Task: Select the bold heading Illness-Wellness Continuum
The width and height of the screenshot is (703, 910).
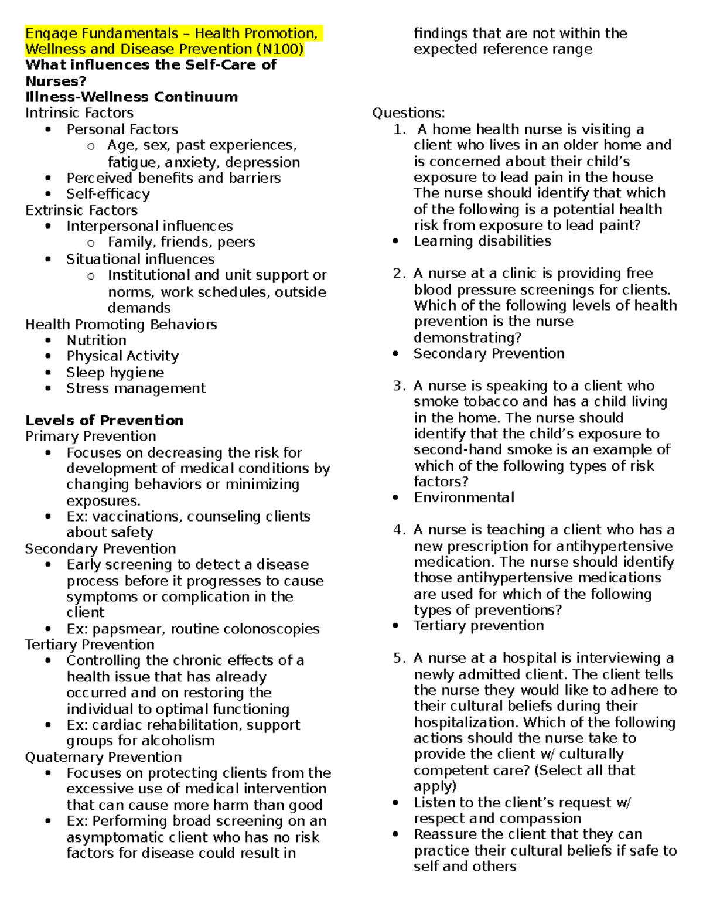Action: pyautogui.click(x=131, y=97)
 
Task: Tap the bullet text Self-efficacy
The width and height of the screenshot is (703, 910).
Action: pyautogui.click(x=108, y=194)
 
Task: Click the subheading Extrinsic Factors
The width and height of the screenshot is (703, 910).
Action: pyautogui.click(x=81, y=210)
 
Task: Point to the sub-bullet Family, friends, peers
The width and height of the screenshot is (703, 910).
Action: pyautogui.click(x=181, y=242)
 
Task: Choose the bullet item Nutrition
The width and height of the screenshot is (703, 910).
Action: pyautogui.click(x=96, y=340)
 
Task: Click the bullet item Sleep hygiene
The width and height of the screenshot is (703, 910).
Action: pyautogui.click(x=115, y=373)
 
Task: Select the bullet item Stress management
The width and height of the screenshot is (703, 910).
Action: pyautogui.click(x=136, y=388)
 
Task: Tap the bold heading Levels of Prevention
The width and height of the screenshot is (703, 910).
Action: pyautogui.click(x=104, y=421)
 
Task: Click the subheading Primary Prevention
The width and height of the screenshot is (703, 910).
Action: pyautogui.click(x=91, y=437)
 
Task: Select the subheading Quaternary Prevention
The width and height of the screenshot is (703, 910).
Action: pyautogui.click(x=103, y=757)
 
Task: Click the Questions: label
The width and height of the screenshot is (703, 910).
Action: pyautogui.click(x=408, y=113)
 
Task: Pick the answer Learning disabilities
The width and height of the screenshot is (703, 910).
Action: pyautogui.click(x=482, y=241)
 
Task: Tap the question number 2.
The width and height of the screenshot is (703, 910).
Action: pyautogui.click(x=399, y=274)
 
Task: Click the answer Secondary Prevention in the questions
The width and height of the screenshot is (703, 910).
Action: pyautogui.click(x=489, y=354)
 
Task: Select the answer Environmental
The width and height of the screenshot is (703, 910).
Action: pyautogui.click(x=463, y=498)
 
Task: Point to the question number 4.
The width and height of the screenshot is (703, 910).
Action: pyautogui.click(x=399, y=530)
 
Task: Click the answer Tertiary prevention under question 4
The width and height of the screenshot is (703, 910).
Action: pyautogui.click(x=479, y=626)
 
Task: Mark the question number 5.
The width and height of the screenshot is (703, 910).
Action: pyautogui.click(x=399, y=659)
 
